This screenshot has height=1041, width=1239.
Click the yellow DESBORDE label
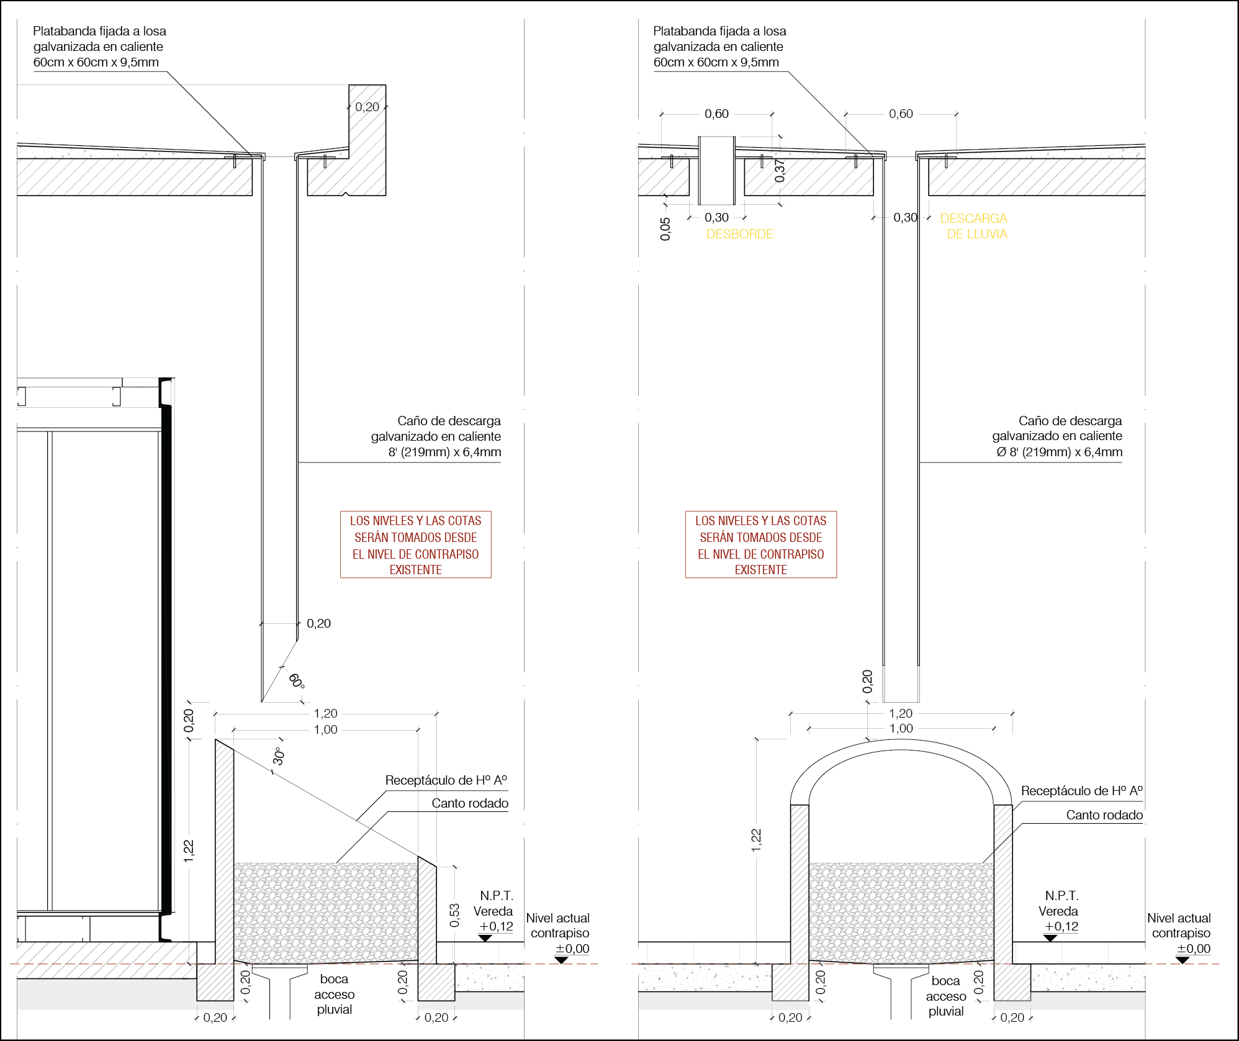740,234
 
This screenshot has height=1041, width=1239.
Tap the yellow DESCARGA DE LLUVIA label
975,226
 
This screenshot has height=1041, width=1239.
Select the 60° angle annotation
297,681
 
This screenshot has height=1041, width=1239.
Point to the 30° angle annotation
279,756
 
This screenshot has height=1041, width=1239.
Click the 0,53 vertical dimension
454,915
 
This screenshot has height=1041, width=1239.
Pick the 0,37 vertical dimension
780,170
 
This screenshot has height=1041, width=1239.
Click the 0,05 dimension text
665,228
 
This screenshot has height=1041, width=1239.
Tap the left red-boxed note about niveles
415,544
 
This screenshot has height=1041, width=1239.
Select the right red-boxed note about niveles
760,544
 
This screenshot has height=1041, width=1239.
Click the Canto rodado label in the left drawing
470,803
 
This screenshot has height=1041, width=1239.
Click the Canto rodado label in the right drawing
1104,815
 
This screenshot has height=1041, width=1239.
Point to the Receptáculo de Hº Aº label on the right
1081,791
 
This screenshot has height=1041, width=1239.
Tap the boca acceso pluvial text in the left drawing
334,994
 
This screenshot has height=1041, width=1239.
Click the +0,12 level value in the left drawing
496,926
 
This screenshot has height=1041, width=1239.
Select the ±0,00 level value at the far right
1193,949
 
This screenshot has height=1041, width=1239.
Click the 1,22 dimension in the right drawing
755,839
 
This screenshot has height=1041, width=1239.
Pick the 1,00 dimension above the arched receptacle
901,728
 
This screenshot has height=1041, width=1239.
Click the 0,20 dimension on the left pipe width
318,623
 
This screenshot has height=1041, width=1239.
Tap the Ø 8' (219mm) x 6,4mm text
1059,452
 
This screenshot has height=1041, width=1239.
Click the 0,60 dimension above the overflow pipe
716,114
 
